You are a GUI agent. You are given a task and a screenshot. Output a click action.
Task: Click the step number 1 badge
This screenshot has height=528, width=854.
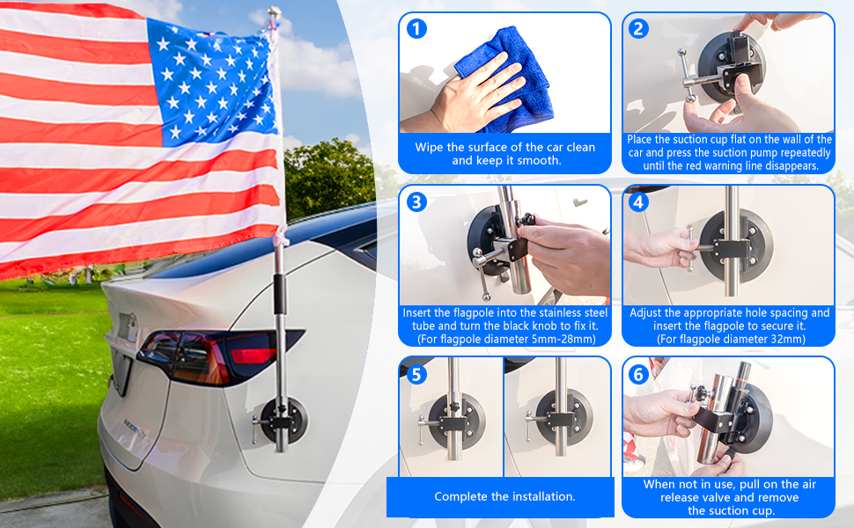tap(417, 28)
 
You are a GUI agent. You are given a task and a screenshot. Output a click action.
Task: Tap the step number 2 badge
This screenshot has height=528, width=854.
tap(639, 28)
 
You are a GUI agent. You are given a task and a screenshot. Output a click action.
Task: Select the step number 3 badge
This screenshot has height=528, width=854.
tap(417, 202)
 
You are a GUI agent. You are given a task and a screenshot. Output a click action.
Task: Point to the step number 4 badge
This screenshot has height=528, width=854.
tap(639, 202)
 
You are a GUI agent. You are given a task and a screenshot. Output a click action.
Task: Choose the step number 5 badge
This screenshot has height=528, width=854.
tap(417, 374)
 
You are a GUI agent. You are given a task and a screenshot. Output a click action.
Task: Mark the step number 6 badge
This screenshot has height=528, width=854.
tap(639, 374)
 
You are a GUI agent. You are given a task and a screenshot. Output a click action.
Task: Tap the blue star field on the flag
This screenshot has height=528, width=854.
tap(212, 79)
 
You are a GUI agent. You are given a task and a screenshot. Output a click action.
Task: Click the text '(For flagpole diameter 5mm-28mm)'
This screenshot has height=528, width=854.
tap(504, 339)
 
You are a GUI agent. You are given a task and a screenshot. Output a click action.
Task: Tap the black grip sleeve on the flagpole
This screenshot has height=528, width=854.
tap(279, 293)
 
